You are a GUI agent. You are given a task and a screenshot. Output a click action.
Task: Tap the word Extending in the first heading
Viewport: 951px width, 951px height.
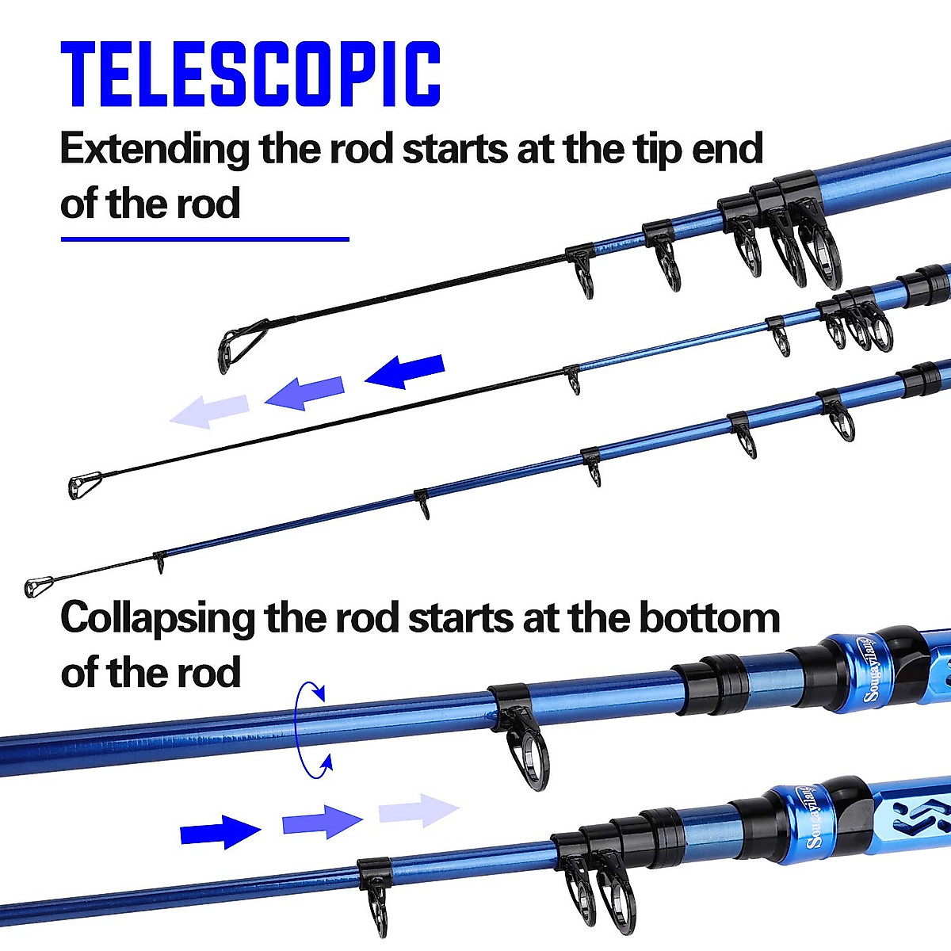coord(154,150)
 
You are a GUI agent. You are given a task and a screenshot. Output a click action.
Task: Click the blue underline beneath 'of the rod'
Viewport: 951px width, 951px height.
coord(204,239)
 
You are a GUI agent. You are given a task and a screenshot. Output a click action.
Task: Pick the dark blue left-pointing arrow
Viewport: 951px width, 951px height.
coord(405,372)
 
